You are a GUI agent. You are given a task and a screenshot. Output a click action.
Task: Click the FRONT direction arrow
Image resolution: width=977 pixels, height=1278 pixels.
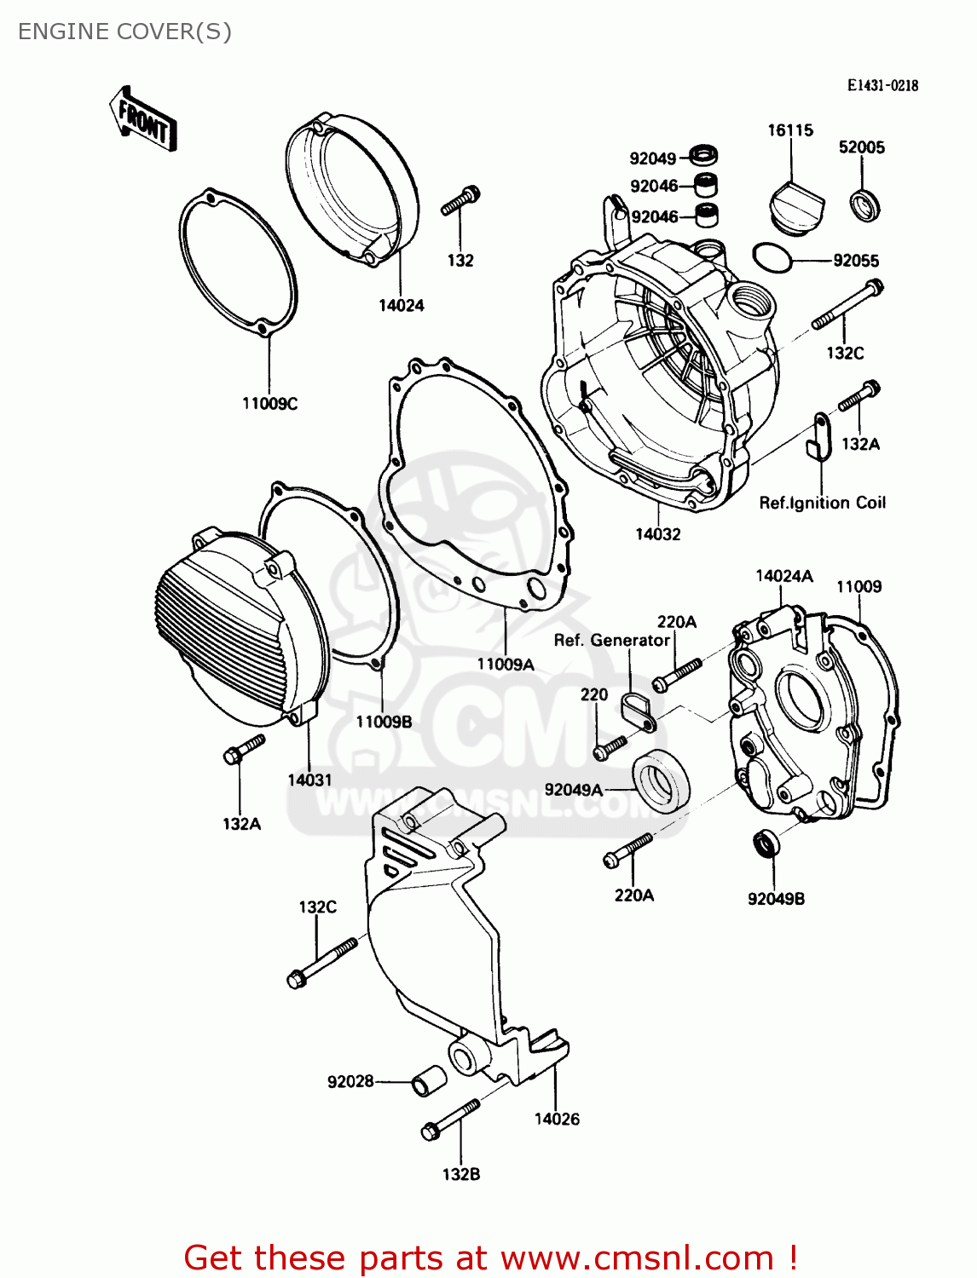[x=143, y=120]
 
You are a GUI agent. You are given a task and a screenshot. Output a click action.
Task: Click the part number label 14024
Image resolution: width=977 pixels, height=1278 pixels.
[x=401, y=305]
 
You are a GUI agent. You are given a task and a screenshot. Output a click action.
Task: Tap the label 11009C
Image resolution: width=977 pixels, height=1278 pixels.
[x=269, y=403]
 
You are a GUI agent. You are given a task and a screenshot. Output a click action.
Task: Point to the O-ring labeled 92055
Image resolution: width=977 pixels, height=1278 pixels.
[x=772, y=256]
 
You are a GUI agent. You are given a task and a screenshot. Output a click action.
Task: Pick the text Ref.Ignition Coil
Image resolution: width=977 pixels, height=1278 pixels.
[x=822, y=503]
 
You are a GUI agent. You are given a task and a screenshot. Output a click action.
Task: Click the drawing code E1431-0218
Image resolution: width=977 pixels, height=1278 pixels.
[x=882, y=85]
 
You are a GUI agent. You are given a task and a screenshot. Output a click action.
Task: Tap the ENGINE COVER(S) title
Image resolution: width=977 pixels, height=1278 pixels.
[x=124, y=32]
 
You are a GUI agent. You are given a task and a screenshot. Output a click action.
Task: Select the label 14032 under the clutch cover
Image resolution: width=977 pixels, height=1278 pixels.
[x=657, y=534]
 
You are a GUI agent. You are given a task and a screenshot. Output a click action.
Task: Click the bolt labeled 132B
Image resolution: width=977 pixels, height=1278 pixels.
[x=450, y=1120]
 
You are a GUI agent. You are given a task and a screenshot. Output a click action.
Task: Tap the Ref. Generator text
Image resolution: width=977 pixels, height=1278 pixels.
[x=611, y=640]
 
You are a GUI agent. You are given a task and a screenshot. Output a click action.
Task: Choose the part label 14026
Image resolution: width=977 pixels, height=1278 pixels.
[x=556, y=1119]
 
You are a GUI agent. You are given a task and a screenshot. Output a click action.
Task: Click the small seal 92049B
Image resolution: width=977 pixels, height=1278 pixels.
[x=766, y=843]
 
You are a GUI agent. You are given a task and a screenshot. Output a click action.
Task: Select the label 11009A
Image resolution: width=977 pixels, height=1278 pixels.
[x=505, y=665]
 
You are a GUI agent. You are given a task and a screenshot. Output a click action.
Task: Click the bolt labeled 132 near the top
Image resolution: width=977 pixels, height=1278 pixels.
[x=461, y=201]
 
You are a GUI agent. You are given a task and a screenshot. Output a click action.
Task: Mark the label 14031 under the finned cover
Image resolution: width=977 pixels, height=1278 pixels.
[x=309, y=780]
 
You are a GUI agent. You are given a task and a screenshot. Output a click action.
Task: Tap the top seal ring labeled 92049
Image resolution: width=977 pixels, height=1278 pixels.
[x=703, y=155]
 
